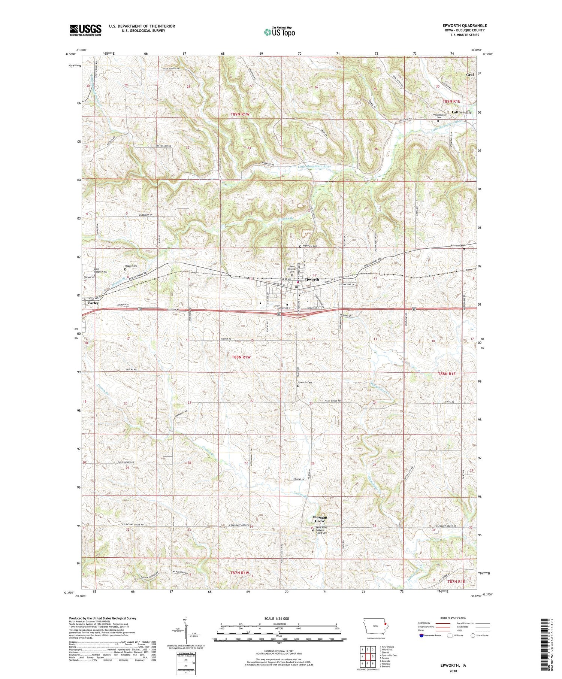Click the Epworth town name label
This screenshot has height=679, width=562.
point(311,279)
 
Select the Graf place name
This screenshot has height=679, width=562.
point(470,75)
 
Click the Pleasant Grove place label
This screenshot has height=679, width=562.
point(320,519)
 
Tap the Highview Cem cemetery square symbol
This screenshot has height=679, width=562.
point(300,246)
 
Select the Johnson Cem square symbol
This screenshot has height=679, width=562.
point(463,249)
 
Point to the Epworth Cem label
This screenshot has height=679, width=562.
point(305,382)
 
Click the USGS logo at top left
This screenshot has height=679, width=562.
point(85,30)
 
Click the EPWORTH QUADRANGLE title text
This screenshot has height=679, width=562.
point(465,25)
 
